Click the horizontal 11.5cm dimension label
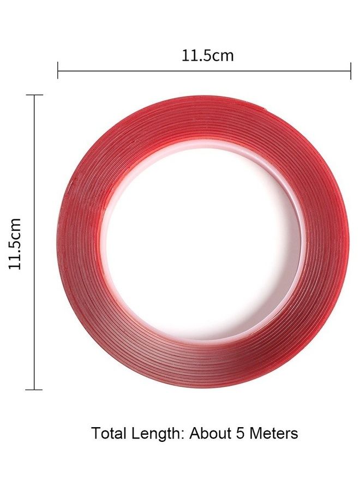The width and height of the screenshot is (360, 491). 208,56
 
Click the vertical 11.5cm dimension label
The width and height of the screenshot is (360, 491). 15,244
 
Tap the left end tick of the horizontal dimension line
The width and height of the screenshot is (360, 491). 58,70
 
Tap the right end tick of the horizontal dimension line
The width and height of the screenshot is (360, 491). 351,71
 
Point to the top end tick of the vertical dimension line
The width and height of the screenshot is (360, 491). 34,94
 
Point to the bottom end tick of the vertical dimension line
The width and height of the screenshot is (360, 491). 34,390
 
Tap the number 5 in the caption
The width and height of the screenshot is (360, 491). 240,434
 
